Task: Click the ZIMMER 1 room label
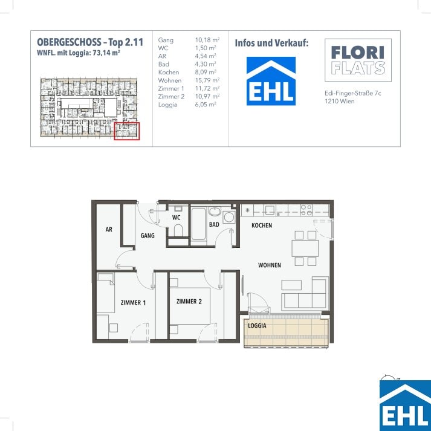[134, 303]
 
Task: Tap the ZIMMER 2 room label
[189, 302]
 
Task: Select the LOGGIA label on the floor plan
[257, 326]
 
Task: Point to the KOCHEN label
[262, 225]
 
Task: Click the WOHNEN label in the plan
[270, 265]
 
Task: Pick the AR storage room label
[109, 229]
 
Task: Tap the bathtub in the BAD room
[198, 224]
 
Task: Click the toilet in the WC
[178, 230]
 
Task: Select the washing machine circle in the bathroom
[229, 218]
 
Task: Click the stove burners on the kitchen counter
[306, 210]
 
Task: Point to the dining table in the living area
[305, 248]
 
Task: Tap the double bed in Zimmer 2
[190, 306]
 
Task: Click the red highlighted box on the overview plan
[127, 131]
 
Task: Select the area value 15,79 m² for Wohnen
[207, 80]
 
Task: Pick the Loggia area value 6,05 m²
[206, 105]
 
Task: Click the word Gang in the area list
[166, 41]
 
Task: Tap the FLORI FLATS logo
[358, 60]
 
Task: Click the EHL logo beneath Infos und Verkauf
[271, 81]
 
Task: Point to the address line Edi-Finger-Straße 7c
[353, 93]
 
